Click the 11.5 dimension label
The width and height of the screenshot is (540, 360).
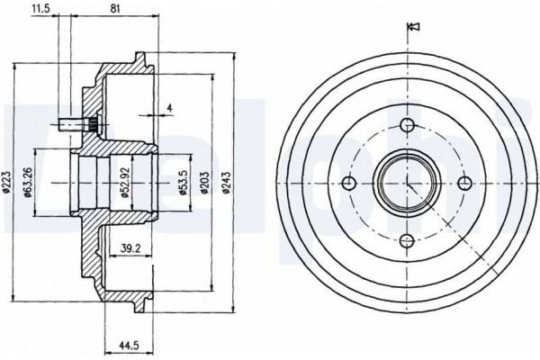[40, 9]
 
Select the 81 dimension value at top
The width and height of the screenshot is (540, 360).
[115, 9]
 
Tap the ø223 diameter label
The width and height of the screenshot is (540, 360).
[7, 181]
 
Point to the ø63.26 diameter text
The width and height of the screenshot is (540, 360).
[29, 183]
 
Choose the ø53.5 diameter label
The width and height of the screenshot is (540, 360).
[184, 183]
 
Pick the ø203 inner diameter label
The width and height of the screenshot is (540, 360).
[205, 183]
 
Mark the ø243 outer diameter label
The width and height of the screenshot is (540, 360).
[226, 183]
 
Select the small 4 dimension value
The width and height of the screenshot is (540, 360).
[169, 108]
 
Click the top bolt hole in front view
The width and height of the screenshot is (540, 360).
[408, 125]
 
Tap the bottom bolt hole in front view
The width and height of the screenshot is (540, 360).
[408, 240]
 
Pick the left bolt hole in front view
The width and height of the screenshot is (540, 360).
[349, 183]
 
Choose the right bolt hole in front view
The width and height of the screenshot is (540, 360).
[465, 183]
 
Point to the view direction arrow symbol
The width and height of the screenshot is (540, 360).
[413, 26]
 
